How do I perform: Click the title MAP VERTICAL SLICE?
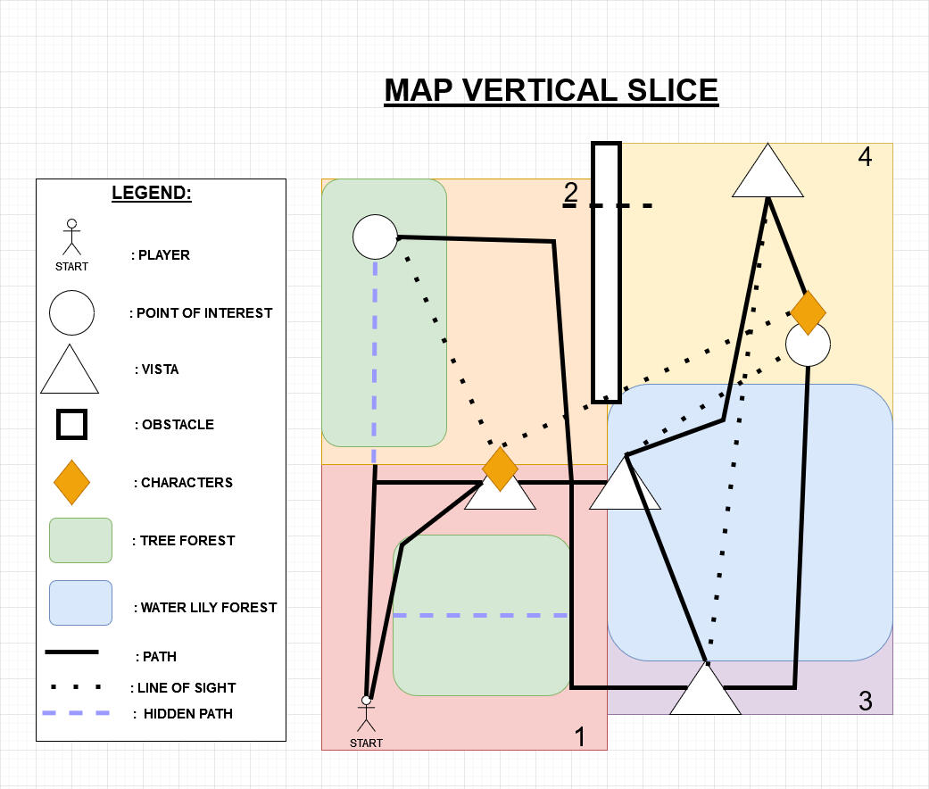click(551, 90)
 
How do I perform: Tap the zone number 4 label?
click(865, 157)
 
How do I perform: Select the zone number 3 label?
click(865, 702)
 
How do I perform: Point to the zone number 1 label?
click(580, 737)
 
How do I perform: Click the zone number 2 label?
click(571, 193)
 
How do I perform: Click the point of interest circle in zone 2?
click(375, 237)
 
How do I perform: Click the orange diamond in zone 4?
click(808, 312)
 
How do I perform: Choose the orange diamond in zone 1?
click(500, 469)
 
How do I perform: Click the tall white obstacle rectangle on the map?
click(606, 272)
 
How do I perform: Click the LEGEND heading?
click(151, 193)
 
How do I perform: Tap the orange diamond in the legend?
click(72, 482)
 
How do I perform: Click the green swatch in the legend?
click(80, 540)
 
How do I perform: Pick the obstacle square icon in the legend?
click(72, 424)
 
